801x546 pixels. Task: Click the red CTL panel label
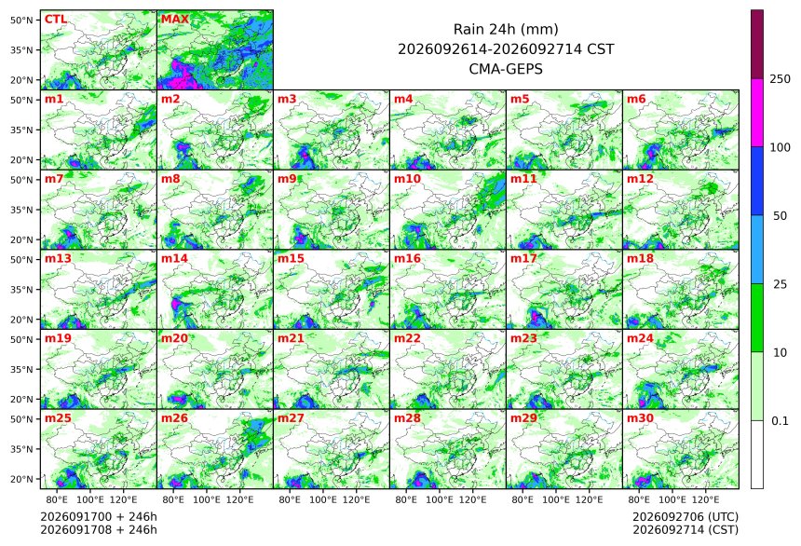(56, 20)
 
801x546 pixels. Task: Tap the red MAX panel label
(175, 20)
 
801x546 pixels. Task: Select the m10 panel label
(407, 179)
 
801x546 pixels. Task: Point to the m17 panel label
(523, 259)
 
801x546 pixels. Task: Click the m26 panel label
(174, 418)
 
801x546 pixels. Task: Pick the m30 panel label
(640, 418)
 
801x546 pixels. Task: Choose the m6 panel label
(636, 99)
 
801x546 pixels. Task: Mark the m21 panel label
(291, 338)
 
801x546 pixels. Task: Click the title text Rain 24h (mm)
(506, 30)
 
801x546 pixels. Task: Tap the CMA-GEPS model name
(506, 69)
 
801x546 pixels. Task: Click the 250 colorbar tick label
(781, 79)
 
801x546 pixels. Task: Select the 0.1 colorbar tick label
(781, 421)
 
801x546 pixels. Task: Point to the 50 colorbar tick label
(781, 216)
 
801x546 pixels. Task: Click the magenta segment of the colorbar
(757, 113)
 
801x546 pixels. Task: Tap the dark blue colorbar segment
(757, 182)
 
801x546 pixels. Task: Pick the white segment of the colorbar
(757, 455)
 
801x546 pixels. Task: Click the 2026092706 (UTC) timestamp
(686, 517)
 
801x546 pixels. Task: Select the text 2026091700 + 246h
(99, 517)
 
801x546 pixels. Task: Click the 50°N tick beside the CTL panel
(21, 20)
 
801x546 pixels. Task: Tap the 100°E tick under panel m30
(672, 499)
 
